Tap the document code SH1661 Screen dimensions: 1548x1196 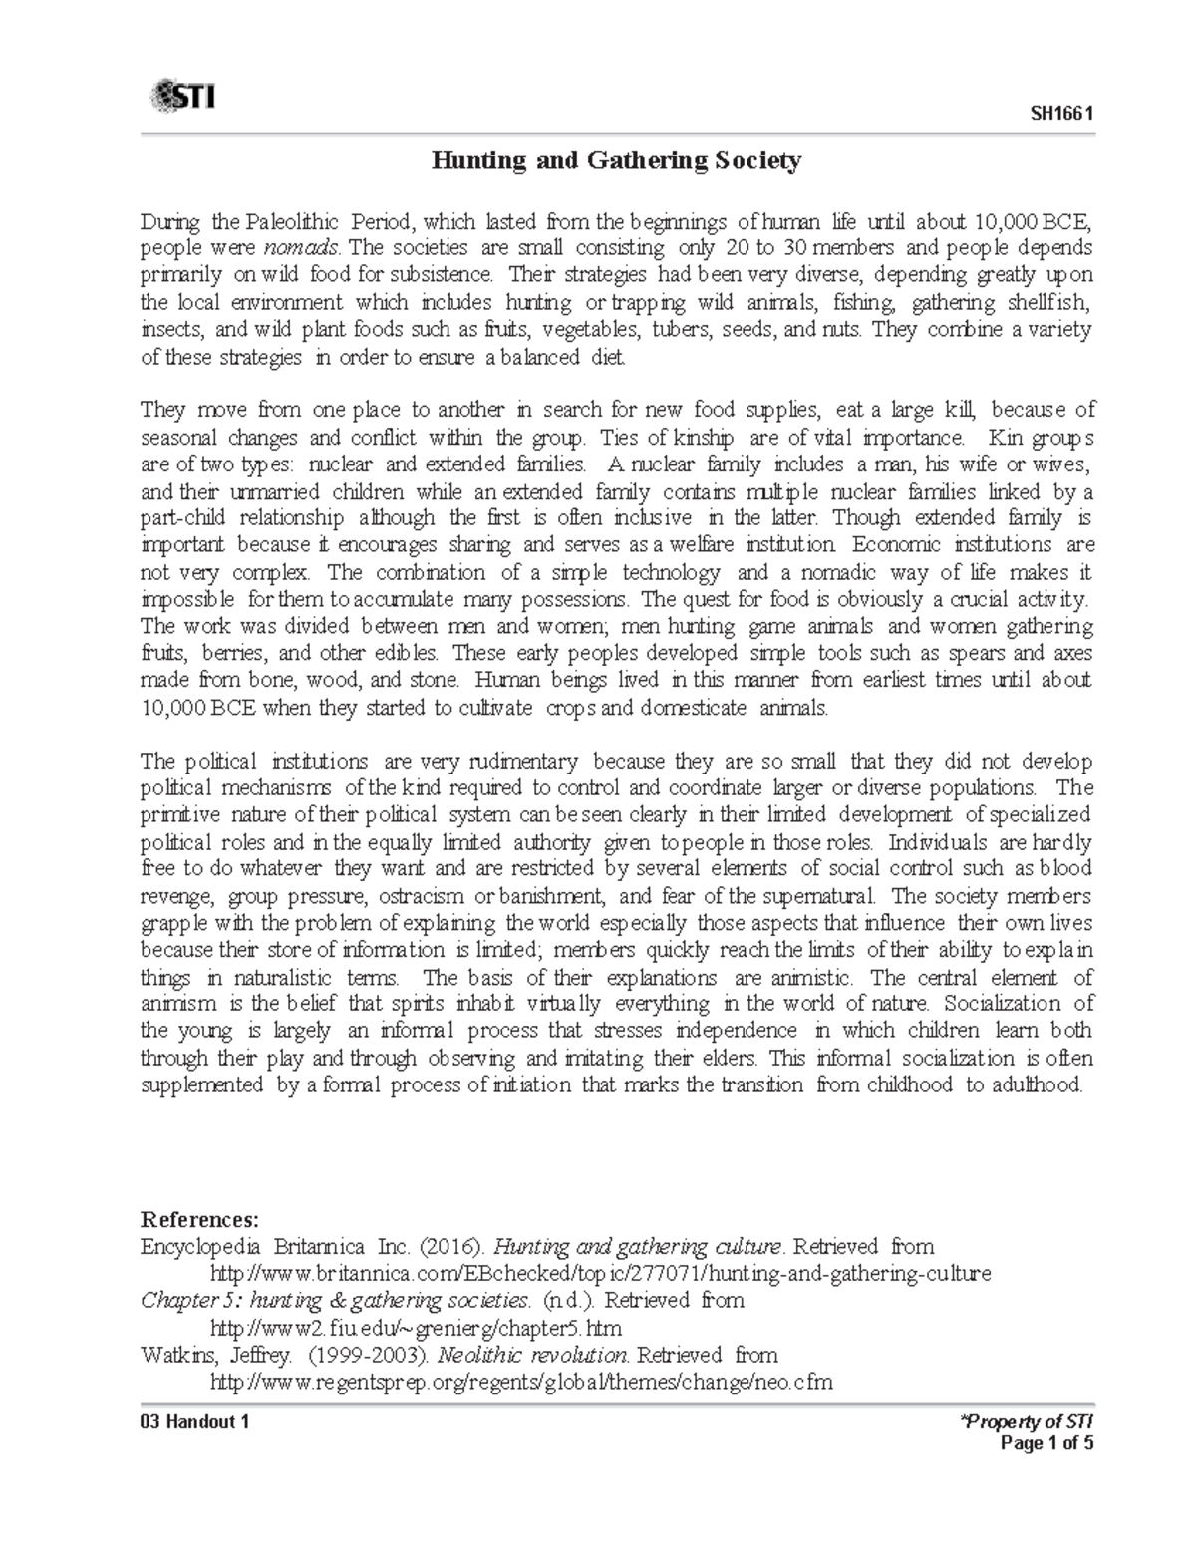point(1062,113)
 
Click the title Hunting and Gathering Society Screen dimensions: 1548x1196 point(615,160)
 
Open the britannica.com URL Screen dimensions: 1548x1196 point(601,1273)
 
